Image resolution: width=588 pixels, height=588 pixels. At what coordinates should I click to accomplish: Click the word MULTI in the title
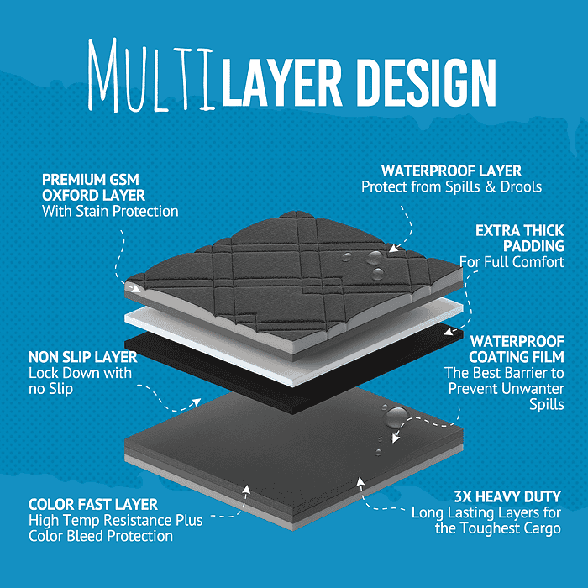151,75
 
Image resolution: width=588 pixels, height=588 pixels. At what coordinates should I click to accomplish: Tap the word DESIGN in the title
427,82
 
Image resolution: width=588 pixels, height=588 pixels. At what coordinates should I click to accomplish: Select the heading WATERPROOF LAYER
452,171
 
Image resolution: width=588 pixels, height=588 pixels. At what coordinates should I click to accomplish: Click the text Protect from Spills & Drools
452,186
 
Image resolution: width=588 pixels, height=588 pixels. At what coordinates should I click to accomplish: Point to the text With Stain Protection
110,211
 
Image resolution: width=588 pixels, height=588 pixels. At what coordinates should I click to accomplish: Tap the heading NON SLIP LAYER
83,357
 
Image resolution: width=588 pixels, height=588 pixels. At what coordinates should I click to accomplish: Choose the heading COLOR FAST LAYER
93,504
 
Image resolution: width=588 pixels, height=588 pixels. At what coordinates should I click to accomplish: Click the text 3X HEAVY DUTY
507,496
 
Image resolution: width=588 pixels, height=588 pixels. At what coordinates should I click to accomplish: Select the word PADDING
533,246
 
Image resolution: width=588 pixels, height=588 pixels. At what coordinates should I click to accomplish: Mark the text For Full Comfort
512,262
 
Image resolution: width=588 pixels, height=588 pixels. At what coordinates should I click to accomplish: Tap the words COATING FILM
517,357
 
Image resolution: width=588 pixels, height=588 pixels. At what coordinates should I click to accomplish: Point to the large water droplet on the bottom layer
396,417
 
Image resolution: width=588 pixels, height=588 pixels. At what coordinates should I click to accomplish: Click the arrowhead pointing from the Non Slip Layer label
197,402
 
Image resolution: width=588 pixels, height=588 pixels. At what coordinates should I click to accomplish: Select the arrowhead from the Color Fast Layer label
246,489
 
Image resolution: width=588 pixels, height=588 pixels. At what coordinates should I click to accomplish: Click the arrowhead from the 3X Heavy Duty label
360,481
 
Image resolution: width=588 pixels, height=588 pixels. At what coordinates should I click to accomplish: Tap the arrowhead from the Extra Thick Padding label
449,333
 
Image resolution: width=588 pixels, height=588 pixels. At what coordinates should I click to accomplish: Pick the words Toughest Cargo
511,528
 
